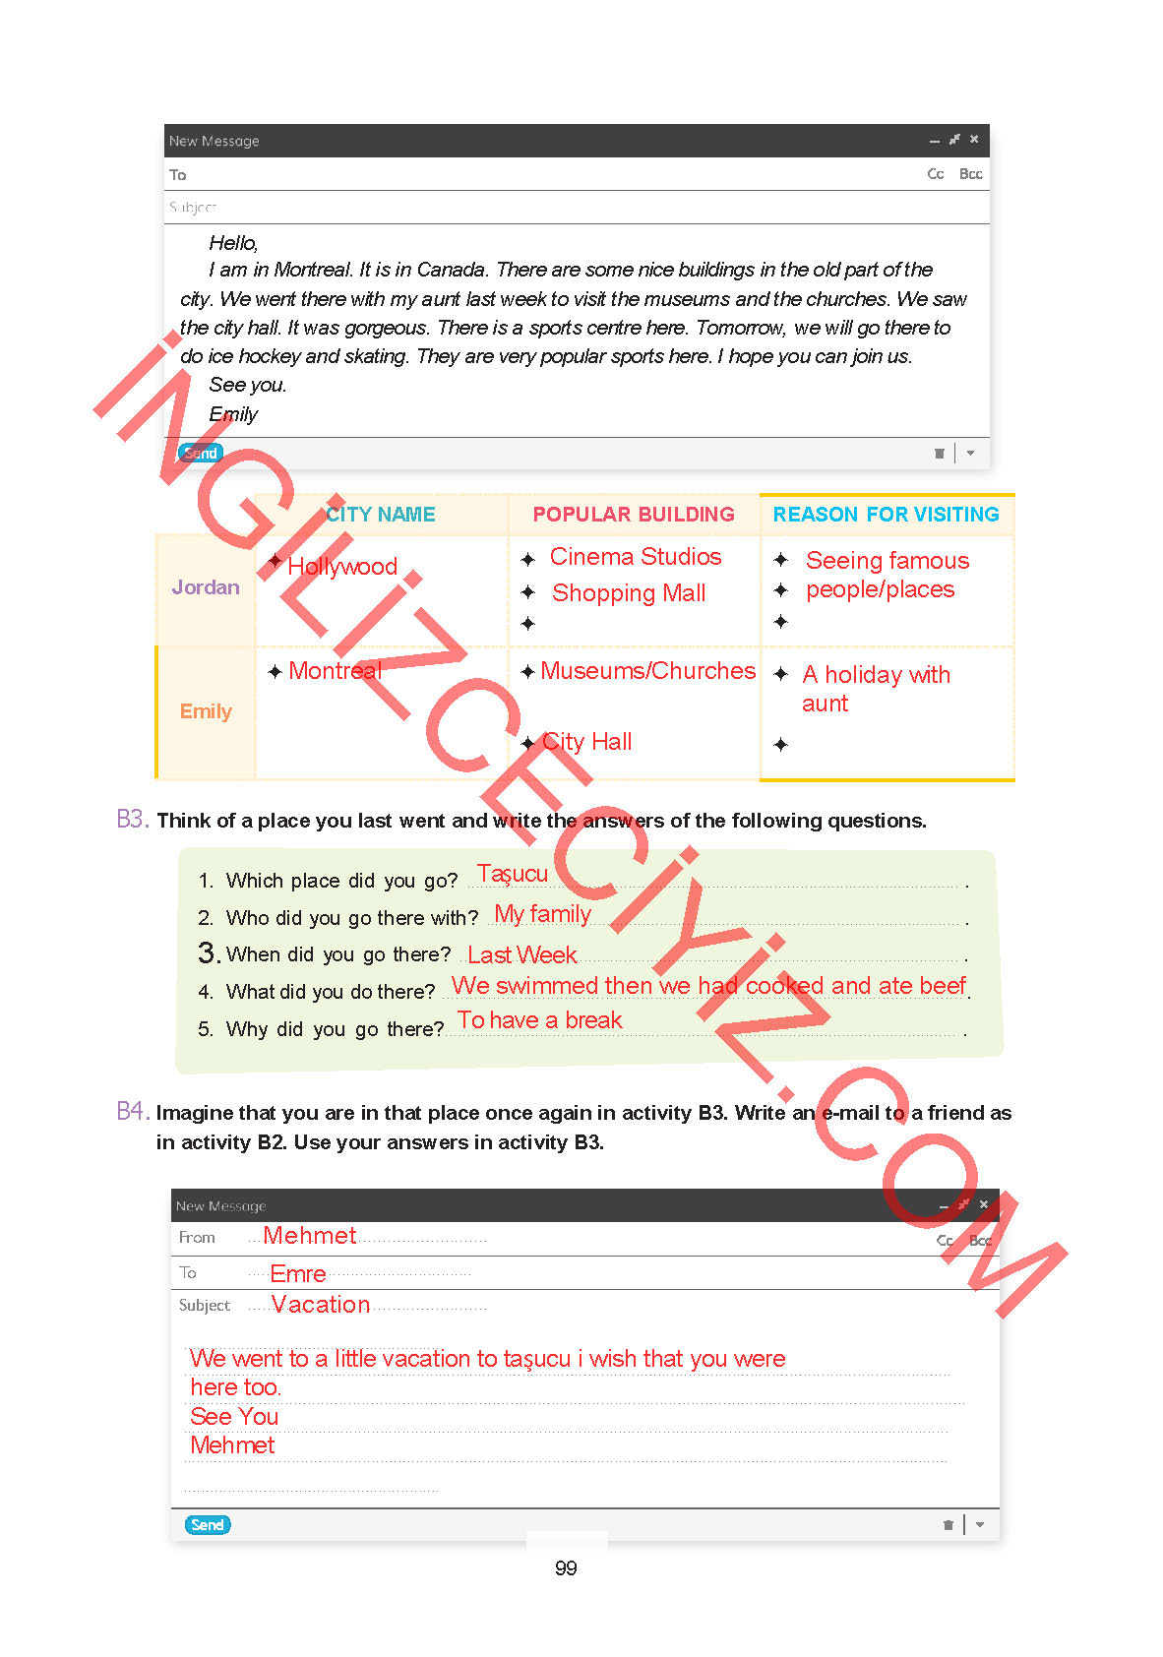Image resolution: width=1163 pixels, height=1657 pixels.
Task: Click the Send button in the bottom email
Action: (207, 1524)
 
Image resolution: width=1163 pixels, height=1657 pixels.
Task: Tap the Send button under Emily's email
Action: (201, 453)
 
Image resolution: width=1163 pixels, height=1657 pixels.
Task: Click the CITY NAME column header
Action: (381, 515)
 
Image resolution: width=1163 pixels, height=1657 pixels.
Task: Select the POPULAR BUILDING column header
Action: (634, 515)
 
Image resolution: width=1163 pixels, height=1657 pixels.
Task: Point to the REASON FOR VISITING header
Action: (886, 515)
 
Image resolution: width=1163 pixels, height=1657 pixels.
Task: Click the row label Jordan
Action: (206, 587)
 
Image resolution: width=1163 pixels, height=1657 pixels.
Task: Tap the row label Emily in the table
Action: (206, 711)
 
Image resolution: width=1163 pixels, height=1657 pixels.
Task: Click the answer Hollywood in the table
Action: (342, 567)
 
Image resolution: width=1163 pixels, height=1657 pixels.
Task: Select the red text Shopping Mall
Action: (629, 593)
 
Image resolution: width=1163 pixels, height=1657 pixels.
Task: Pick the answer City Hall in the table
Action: (587, 742)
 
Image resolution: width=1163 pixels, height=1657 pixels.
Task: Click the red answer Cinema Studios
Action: (636, 557)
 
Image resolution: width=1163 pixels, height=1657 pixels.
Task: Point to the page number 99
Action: (566, 1568)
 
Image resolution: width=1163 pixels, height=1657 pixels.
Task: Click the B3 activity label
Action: (132, 819)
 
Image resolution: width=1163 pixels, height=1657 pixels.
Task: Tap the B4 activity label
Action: (132, 1111)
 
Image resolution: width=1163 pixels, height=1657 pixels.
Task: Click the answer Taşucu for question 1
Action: (512, 874)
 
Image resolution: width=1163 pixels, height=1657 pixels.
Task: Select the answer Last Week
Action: (522, 954)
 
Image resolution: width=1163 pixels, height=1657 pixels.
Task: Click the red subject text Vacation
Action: (321, 1305)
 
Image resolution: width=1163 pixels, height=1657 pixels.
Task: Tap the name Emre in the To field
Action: (298, 1273)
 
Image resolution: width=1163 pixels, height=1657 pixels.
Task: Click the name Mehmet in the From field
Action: (310, 1236)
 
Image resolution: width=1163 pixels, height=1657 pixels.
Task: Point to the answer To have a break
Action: (540, 1020)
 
